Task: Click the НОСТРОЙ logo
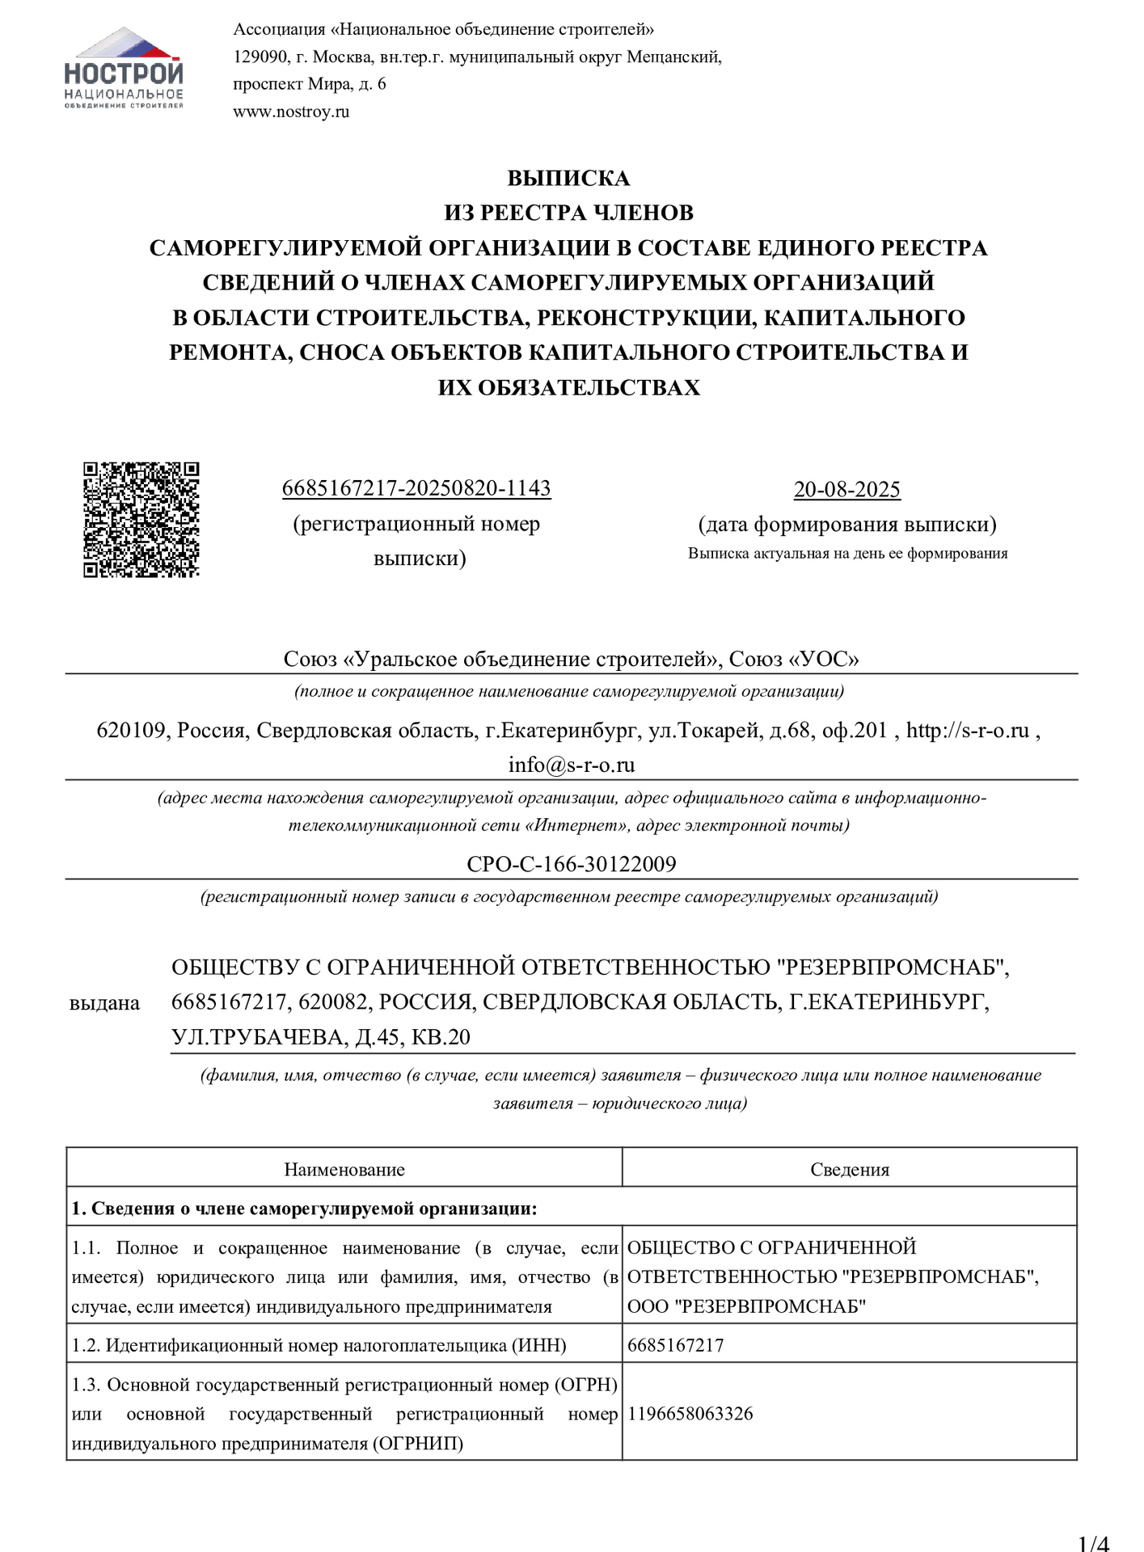pos(123,69)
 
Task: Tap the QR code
pos(141,520)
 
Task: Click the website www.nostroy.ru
pos(291,112)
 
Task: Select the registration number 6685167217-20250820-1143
pos(416,488)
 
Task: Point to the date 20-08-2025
pos(846,489)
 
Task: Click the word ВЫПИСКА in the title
pos(568,178)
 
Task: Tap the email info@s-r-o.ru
pos(571,765)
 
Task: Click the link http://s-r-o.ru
pos(967,731)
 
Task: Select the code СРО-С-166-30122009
pos(571,864)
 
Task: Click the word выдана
pos(104,1003)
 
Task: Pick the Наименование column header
pos(344,1169)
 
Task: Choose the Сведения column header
pos(849,1169)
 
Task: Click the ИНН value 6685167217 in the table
pos(675,1345)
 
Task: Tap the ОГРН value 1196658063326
pos(690,1414)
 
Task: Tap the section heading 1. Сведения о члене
pos(304,1208)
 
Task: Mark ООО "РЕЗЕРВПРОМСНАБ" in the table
pos(746,1306)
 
